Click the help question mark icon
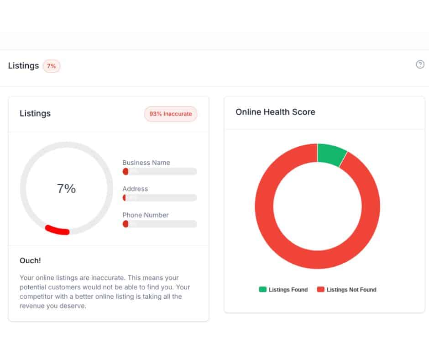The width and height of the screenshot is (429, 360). point(420,64)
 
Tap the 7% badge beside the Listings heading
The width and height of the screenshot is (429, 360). point(52,66)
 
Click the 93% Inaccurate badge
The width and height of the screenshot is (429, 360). point(171,114)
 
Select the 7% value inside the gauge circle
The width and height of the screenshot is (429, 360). point(67,189)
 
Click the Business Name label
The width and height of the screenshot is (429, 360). point(146,163)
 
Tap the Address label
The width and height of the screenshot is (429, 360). point(135,189)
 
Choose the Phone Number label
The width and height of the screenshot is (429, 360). point(146,215)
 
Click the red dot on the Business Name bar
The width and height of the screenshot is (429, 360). point(126,171)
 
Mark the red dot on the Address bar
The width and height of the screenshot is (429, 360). point(124,198)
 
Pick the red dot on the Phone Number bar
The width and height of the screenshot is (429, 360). point(126,224)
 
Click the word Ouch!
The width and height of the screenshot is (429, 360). point(30,261)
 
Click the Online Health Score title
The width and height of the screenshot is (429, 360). point(275,112)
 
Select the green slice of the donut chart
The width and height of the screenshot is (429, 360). point(331,154)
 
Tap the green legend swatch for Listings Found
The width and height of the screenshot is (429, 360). point(262,289)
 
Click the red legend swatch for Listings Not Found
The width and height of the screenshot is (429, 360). point(320,289)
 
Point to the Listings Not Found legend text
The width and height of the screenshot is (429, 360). point(351,290)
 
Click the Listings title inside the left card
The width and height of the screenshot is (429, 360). point(35,114)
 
